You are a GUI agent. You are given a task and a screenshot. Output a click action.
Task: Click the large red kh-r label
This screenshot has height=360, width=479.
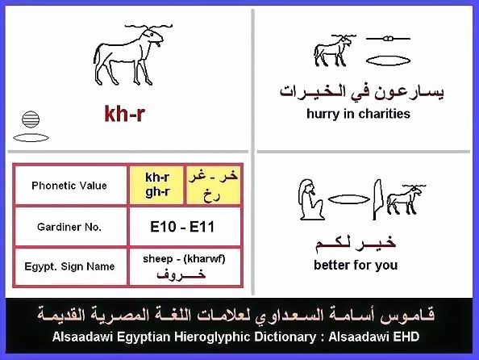[124, 114]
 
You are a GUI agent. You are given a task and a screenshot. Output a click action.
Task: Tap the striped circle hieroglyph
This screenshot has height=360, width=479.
[31, 119]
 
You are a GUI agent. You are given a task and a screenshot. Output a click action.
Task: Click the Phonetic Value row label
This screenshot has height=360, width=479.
[69, 186]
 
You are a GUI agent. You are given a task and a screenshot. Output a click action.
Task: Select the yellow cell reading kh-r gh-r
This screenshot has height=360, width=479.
[157, 185]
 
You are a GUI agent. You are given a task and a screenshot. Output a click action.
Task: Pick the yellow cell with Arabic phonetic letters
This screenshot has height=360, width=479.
[213, 185]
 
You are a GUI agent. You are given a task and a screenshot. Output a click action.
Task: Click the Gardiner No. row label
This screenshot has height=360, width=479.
[69, 227]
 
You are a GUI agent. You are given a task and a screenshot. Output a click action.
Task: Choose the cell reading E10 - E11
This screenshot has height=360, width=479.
[182, 227]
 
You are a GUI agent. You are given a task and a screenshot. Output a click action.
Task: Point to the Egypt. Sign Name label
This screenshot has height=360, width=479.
[69, 266]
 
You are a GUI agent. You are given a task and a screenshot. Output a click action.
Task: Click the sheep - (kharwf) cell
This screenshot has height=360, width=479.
[184, 267]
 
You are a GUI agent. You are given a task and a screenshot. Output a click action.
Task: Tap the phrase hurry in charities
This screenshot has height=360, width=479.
[358, 114]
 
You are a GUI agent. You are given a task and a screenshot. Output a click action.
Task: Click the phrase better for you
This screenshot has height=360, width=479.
[356, 265]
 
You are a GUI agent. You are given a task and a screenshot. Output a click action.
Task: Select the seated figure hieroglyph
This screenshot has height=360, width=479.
[311, 199]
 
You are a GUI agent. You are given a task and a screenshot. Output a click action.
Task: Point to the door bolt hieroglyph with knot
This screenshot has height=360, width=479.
[388, 39]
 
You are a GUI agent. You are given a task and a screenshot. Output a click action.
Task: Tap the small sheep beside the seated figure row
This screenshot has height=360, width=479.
[406, 199]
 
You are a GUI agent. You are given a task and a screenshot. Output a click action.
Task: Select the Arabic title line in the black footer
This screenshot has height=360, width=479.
[235, 315]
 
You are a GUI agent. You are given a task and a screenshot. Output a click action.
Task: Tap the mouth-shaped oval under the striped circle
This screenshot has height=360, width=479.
[31, 138]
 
